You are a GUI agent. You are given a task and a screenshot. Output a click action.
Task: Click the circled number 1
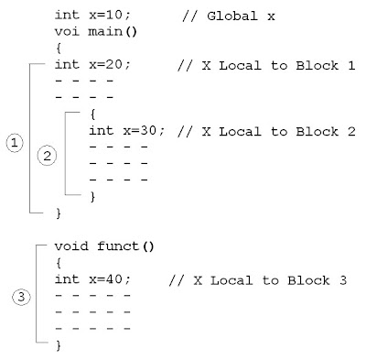point(15,143)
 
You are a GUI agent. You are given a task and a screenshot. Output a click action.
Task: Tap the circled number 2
point(46,156)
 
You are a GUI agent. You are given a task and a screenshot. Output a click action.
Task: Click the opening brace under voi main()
point(58,48)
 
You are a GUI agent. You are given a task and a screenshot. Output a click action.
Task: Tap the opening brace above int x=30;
point(92,115)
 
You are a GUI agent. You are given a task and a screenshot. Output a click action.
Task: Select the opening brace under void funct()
point(58,262)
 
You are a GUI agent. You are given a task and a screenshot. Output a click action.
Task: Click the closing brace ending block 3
point(58,346)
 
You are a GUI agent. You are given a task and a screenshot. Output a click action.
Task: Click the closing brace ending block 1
point(58,213)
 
